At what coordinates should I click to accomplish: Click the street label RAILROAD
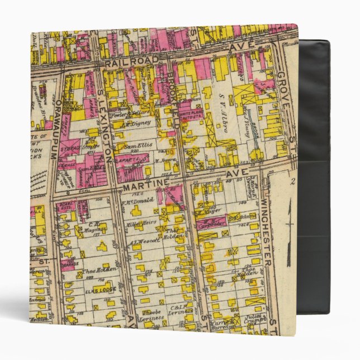coord(124,63)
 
